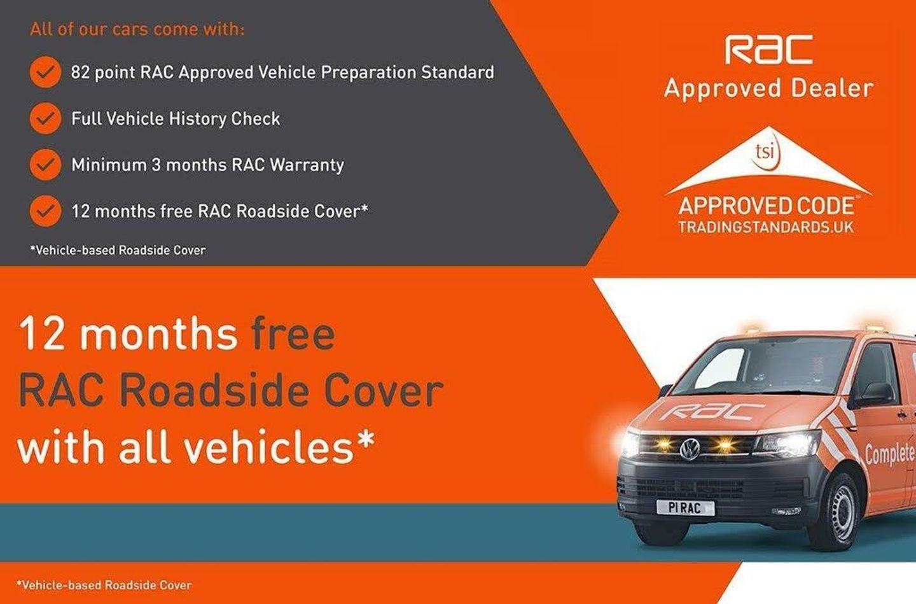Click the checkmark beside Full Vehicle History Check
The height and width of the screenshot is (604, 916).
pyautogui.click(x=45, y=118)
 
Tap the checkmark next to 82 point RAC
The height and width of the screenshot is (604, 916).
pyautogui.click(x=45, y=73)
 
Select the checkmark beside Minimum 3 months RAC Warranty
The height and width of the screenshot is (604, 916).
pyautogui.click(x=45, y=165)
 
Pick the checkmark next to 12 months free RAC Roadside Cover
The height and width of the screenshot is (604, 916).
pyautogui.click(x=45, y=211)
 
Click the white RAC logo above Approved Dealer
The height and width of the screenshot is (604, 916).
pyautogui.click(x=769, y=50)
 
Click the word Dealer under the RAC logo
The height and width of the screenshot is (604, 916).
pyautogui.click(x=832, y=88)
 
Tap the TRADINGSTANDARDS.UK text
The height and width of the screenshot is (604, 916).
pyautogui.click(x=766, y=227)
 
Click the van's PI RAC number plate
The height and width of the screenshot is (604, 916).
pyautogui.click(x=685, y=508)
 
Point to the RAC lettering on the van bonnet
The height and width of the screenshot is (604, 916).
pyautogui.click(x=712, y=411)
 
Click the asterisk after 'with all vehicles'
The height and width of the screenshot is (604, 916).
pyautogui.click(x=364, y=437)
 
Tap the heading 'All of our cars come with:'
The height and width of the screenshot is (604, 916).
pyautogui.click(x=137, y=29)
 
